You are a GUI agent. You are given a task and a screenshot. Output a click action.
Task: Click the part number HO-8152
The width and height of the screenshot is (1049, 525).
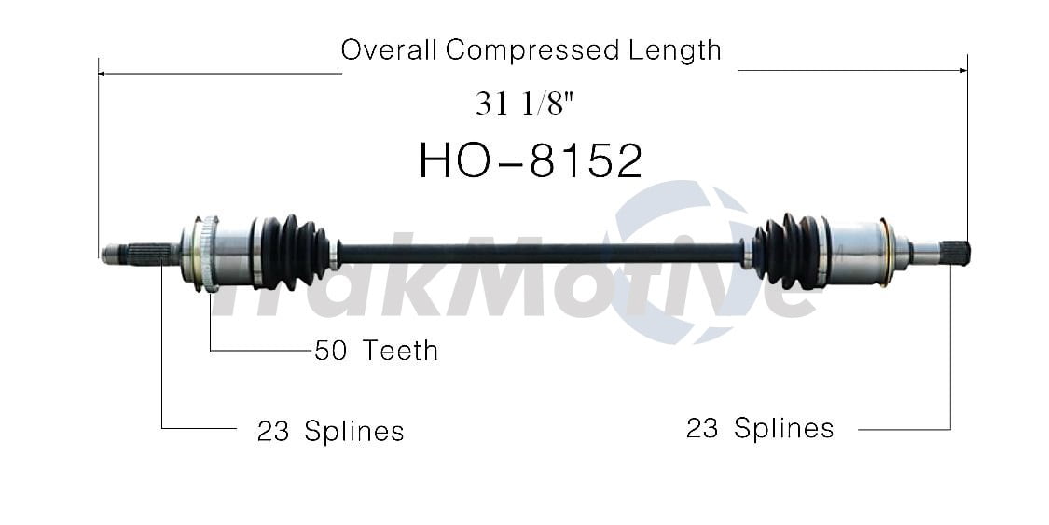coord(530,161)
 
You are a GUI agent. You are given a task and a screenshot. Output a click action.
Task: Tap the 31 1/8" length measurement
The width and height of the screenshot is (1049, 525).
coord(525,104)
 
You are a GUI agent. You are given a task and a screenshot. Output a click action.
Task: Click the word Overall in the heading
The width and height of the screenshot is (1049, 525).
coord(389,49)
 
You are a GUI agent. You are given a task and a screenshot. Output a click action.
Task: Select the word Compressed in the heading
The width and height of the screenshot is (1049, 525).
coord(528,51)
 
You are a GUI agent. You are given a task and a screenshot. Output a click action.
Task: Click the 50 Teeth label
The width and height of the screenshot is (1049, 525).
coord(376,351)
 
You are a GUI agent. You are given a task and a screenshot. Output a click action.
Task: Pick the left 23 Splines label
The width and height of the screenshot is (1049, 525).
coord(330,431)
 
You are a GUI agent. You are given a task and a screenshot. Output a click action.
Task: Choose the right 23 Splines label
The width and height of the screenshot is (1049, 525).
coord(759,428)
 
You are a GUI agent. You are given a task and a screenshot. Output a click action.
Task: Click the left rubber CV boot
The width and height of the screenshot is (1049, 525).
coord(292,252)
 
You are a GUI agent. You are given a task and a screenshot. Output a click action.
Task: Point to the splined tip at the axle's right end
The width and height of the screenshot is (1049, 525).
coord(956,251)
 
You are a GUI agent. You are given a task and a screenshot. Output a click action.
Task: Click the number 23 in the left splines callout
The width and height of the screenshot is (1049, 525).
coord(272,431)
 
